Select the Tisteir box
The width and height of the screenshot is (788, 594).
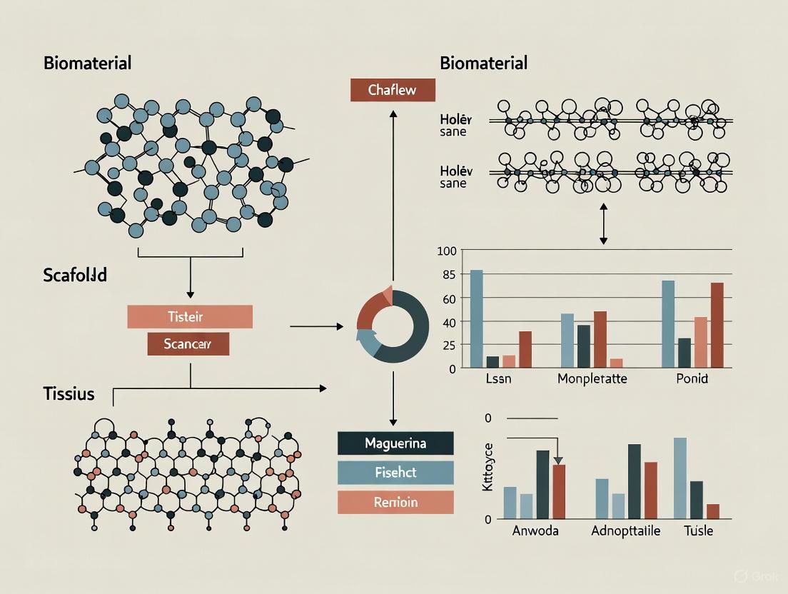pos(190,316)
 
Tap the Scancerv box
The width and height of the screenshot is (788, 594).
pos(188,343)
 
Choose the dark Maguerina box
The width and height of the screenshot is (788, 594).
pos(395,443)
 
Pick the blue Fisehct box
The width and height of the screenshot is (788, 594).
pos(395,473)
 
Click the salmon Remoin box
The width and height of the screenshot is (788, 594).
pos(395,502)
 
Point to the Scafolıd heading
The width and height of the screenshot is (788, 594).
pos(75,275)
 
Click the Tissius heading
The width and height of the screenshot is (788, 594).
pos(69,393)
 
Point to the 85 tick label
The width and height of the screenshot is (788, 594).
pos(448,273)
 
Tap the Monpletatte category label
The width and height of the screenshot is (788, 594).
pos(592,378)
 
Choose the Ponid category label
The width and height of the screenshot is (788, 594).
pos(691,378)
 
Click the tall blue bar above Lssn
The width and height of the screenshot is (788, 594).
pos(476,318)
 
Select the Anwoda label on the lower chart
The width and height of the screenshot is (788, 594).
pos(535,531)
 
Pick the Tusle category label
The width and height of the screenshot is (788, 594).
pos(698,531)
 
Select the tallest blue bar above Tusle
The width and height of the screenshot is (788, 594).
pos(680,478)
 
